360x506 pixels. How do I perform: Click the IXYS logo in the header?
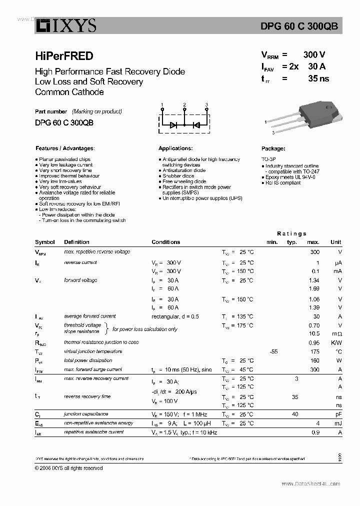point(65,25)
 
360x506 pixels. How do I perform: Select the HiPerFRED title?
point(64,56)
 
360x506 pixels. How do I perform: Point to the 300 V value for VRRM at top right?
point(314,55)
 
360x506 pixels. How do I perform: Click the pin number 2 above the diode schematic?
point(184,105)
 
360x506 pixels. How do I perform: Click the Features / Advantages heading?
point(65,148)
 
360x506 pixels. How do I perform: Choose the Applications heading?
point(175,148)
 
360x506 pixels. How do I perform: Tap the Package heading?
point(273,148)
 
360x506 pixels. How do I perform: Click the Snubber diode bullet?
point(178,176)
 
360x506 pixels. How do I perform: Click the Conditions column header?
point(165,242)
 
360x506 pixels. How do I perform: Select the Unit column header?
point(336,242)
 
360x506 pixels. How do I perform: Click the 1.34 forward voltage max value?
point(314,280)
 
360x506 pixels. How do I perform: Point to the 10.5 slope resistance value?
point(314,333)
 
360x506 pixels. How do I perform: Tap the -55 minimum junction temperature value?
point(273,351)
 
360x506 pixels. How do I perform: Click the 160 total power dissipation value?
point(314,360)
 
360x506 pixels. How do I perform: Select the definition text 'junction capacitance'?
point(86,414)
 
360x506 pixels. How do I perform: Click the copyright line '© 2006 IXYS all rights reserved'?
point(69,468)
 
